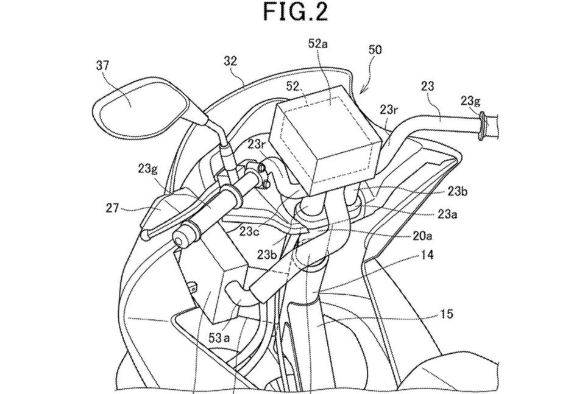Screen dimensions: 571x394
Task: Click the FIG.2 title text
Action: click(x=296, y=12)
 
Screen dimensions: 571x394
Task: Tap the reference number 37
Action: click(x=103, y=66)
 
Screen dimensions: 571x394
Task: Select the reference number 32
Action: click(x=230, y=61)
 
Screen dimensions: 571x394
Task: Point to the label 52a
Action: click(x=318, y=44)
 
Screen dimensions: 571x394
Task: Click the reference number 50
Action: click(x=375, y=49)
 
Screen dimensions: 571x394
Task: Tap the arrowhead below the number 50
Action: click(x=362, y=91)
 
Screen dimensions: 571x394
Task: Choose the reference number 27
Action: click(x=112, y=208)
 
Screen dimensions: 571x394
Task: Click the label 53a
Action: click(x=219, y=339)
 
